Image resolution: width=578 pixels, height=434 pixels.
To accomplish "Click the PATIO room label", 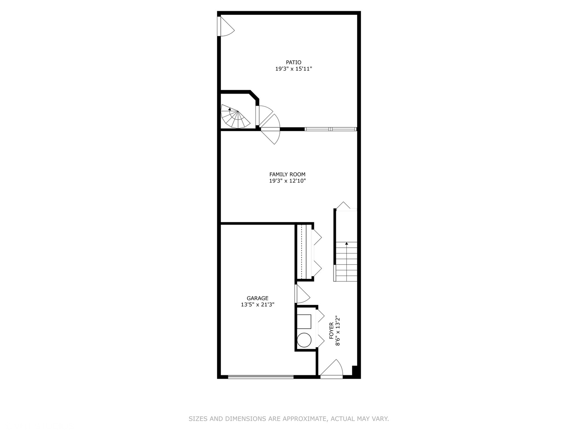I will pyautogui.click(x=293, y=62).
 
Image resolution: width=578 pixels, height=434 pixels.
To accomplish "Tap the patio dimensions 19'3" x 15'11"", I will pyautogui.click(x=293, y=69).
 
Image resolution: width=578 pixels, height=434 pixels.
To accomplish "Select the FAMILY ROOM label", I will pyautogui.click(x=287, y=174).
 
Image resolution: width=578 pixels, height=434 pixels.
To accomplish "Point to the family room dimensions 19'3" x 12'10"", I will pyautogui.click(x=287, y=181).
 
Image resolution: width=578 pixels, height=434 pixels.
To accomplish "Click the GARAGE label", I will pyautogui.click(x=257, y=298).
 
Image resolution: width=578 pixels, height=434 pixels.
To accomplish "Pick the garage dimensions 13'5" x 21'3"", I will pyautogui.click(x=257, y=305).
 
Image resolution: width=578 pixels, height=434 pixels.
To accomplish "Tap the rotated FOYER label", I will pyautogui.click(x=331, y=330).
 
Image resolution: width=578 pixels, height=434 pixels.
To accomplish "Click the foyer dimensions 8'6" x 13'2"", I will pyautogui.click(x=338, y=330).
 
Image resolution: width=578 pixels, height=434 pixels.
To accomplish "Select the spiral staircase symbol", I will pyautogui.click(x=234, y=117).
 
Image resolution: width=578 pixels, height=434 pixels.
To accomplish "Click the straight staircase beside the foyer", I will pyautogui.click(x=346, y=261).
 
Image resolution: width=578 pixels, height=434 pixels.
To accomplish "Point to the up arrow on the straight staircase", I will pyautogui.click(x=346, y=244).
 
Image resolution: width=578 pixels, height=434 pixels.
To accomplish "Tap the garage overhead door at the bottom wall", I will pyautogui.click(x=261, y=377).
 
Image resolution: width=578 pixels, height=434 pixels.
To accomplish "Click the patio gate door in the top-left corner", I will pyautogui.click(x=225, y=26).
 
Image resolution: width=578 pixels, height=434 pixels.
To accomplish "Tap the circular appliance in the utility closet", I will pyautogui.click(x=304, y=340).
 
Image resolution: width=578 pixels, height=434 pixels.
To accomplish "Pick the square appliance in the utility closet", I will pyautogui.click(x=304, y=321).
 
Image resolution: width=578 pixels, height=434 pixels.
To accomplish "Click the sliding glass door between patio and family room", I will pyautogui.click(x=330, y=129).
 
